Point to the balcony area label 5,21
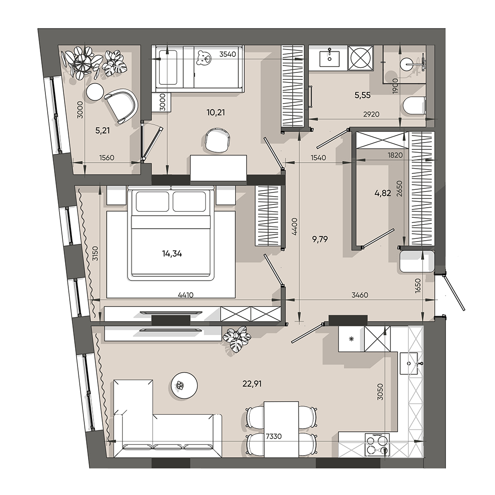103,130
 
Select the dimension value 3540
227,54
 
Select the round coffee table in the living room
184,385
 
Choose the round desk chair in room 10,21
216,139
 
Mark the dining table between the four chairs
281,429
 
